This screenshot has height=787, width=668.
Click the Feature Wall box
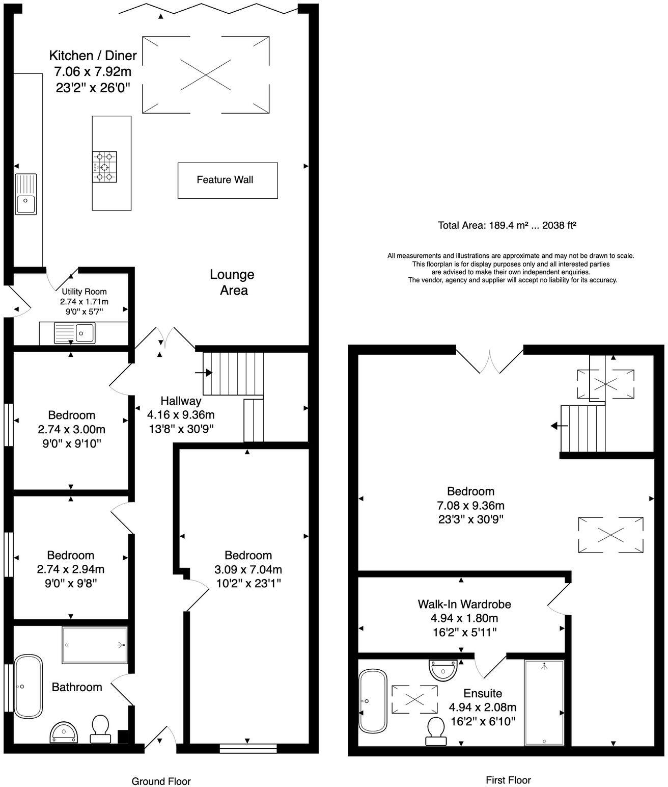(227, 180)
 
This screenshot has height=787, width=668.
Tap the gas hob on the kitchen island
(104, 167)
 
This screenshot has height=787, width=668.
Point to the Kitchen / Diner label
(93, 55)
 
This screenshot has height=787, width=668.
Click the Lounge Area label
(233, 282)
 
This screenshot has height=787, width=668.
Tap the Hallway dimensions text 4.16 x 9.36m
(181, 414)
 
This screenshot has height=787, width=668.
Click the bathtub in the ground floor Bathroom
(28, 686)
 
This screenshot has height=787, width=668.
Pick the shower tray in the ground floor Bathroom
(95, 645)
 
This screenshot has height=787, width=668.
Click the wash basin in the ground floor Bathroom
(64, 732)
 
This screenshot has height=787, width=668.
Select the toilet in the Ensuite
(435, 727)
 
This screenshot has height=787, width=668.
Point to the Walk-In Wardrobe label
(464, 604)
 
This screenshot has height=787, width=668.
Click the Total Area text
(507, 225)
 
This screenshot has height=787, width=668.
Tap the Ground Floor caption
(161, 781)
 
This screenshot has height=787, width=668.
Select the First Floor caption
(508, 780)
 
